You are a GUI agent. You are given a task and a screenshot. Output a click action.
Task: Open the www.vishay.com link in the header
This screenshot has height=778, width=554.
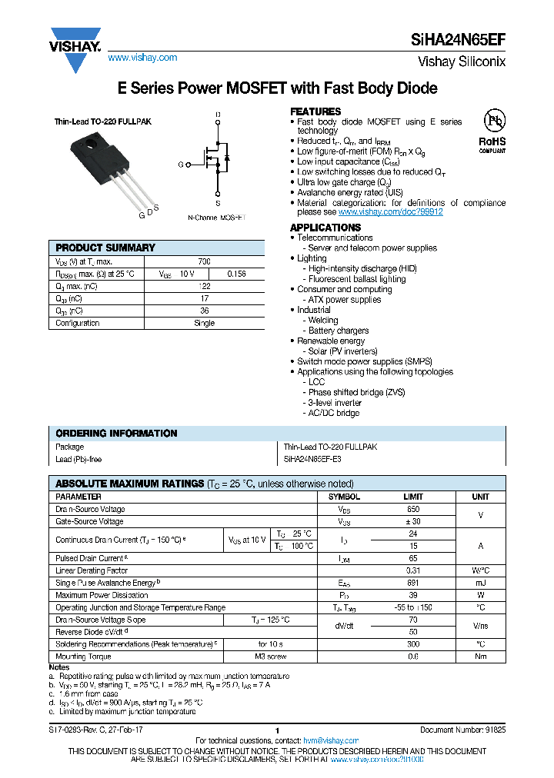click(142, 58)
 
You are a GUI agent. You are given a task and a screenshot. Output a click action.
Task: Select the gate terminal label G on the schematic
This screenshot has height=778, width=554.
click(181, 165)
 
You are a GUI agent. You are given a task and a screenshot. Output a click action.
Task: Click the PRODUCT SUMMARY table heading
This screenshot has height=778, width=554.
click(105, 248)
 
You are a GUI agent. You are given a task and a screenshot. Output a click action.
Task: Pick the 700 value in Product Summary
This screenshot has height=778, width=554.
click(204, 261)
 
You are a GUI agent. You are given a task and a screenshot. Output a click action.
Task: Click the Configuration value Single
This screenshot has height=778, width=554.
click(204, 323)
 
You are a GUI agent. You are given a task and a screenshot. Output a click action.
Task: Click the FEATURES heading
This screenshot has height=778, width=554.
click(315, 111)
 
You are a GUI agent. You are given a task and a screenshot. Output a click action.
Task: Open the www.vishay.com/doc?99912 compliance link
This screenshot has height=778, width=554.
click(390, 212)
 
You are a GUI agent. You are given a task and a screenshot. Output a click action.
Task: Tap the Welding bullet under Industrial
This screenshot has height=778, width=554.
click(323, 320)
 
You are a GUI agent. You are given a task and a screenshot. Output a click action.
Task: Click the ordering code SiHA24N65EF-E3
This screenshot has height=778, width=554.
click(312, 459)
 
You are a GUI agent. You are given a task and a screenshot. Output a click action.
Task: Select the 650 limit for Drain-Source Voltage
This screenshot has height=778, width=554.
click(413, 509)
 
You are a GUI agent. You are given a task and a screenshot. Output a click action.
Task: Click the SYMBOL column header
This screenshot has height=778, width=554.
click(344, 497)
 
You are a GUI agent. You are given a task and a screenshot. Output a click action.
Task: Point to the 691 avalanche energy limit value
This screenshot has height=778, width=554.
click(413, 583)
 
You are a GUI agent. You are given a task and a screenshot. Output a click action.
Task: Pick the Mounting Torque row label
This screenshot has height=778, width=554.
click(83, 657)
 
